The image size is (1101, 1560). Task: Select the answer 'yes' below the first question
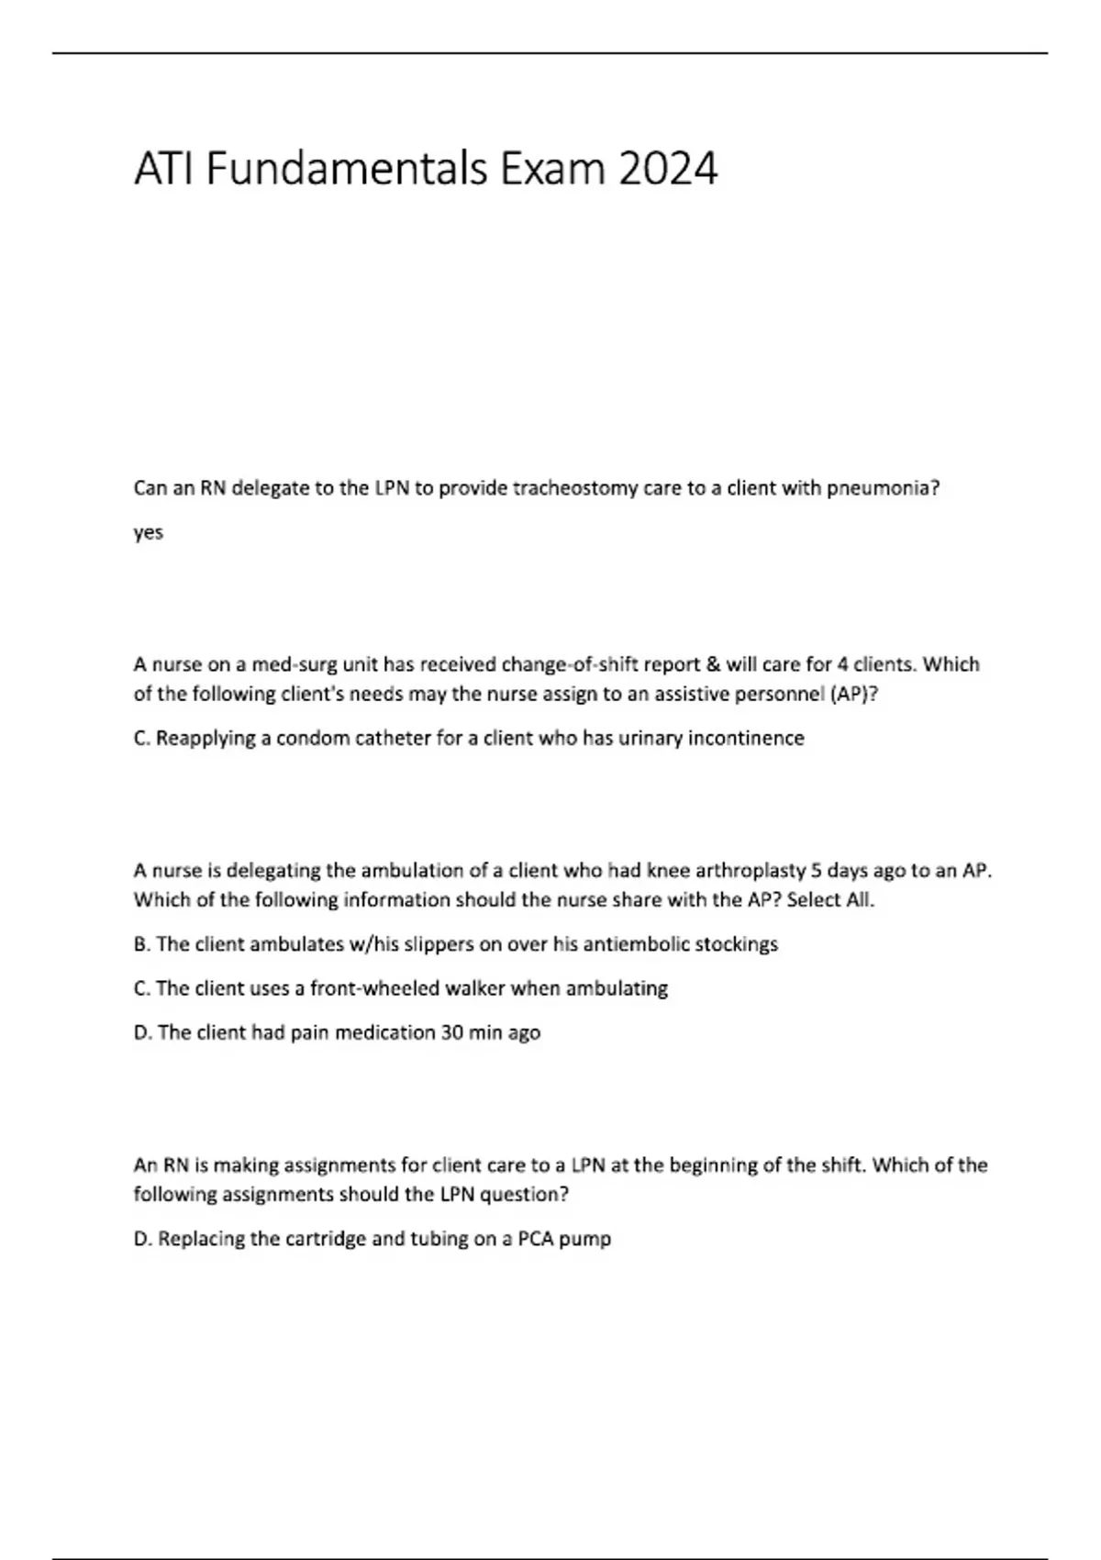tap(149, 533)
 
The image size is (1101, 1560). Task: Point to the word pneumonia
tap(883, 488)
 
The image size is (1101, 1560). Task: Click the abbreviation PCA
tap(536, 1239)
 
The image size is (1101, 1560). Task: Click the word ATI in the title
tap(163, 169)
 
